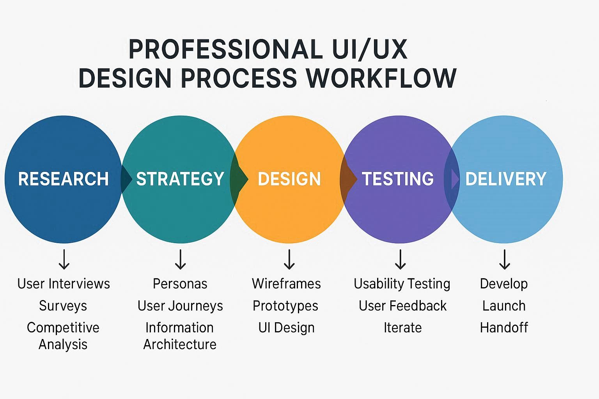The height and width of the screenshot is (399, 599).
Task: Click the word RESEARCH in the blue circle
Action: click(63, 179)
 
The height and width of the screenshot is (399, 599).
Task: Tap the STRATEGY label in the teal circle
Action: click(180, 179)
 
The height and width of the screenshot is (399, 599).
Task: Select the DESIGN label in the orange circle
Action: click(289, 179)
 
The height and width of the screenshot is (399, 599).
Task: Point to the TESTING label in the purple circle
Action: click(398, 179)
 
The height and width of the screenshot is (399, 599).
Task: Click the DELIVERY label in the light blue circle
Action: click(506, 179)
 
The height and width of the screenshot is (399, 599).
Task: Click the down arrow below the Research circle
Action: click(64, 260)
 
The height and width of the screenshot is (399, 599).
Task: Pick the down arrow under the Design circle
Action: click(289, 260)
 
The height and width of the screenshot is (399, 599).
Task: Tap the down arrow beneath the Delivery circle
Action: click(505, 260)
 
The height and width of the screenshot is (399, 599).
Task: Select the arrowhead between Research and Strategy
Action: click(126, 179)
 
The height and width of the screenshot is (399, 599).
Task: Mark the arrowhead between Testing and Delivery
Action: click(455, 179)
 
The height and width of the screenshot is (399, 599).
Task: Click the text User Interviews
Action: click(64, 284)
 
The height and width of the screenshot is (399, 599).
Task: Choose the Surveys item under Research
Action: click(63, 306)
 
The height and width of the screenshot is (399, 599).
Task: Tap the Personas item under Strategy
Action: click(180, 284)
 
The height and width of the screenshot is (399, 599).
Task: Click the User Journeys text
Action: click(180, 306)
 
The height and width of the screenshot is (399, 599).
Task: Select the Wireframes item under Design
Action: click(286, 284)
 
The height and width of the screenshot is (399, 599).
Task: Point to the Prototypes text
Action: click(285, 306)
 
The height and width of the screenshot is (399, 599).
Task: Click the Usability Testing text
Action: click(402, 284)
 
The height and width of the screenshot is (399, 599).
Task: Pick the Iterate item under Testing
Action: click(402, 328)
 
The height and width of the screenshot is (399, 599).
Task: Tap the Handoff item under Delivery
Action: click(504, 328)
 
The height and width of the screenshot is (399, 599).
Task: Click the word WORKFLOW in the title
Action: click(381, 78)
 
